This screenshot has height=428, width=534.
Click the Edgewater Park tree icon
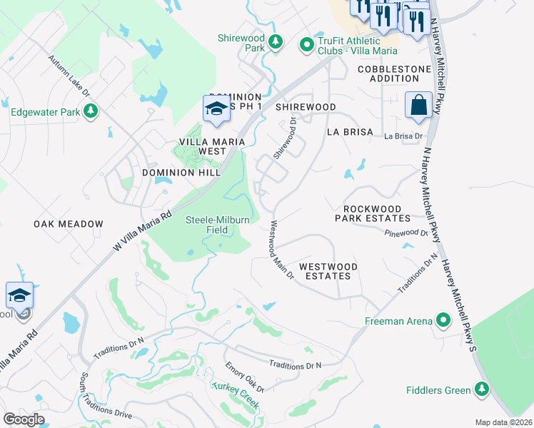click(90, 111)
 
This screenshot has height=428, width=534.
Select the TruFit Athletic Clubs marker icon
click(307, 45)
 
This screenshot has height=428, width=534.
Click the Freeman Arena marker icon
click(443, 321)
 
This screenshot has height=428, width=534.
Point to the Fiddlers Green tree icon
click(482, 389)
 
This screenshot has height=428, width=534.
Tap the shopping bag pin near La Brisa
click(418, 106)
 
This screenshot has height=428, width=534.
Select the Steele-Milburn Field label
click(217, 225)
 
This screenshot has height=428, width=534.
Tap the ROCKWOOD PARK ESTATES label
click(383, 213)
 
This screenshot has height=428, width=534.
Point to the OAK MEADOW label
click(69, 224)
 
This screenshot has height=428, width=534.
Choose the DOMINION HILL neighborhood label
click(178, 173)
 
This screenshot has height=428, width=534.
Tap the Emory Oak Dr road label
click(245, 378)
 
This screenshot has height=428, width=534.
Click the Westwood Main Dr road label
click(281, 250)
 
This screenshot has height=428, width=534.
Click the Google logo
click(24, 419)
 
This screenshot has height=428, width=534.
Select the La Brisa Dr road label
click(403, 136)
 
